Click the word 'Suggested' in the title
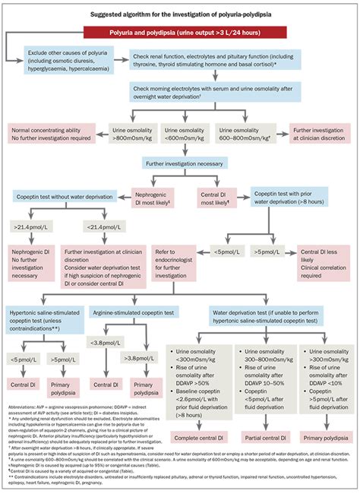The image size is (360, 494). click(x=106, y=14)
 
